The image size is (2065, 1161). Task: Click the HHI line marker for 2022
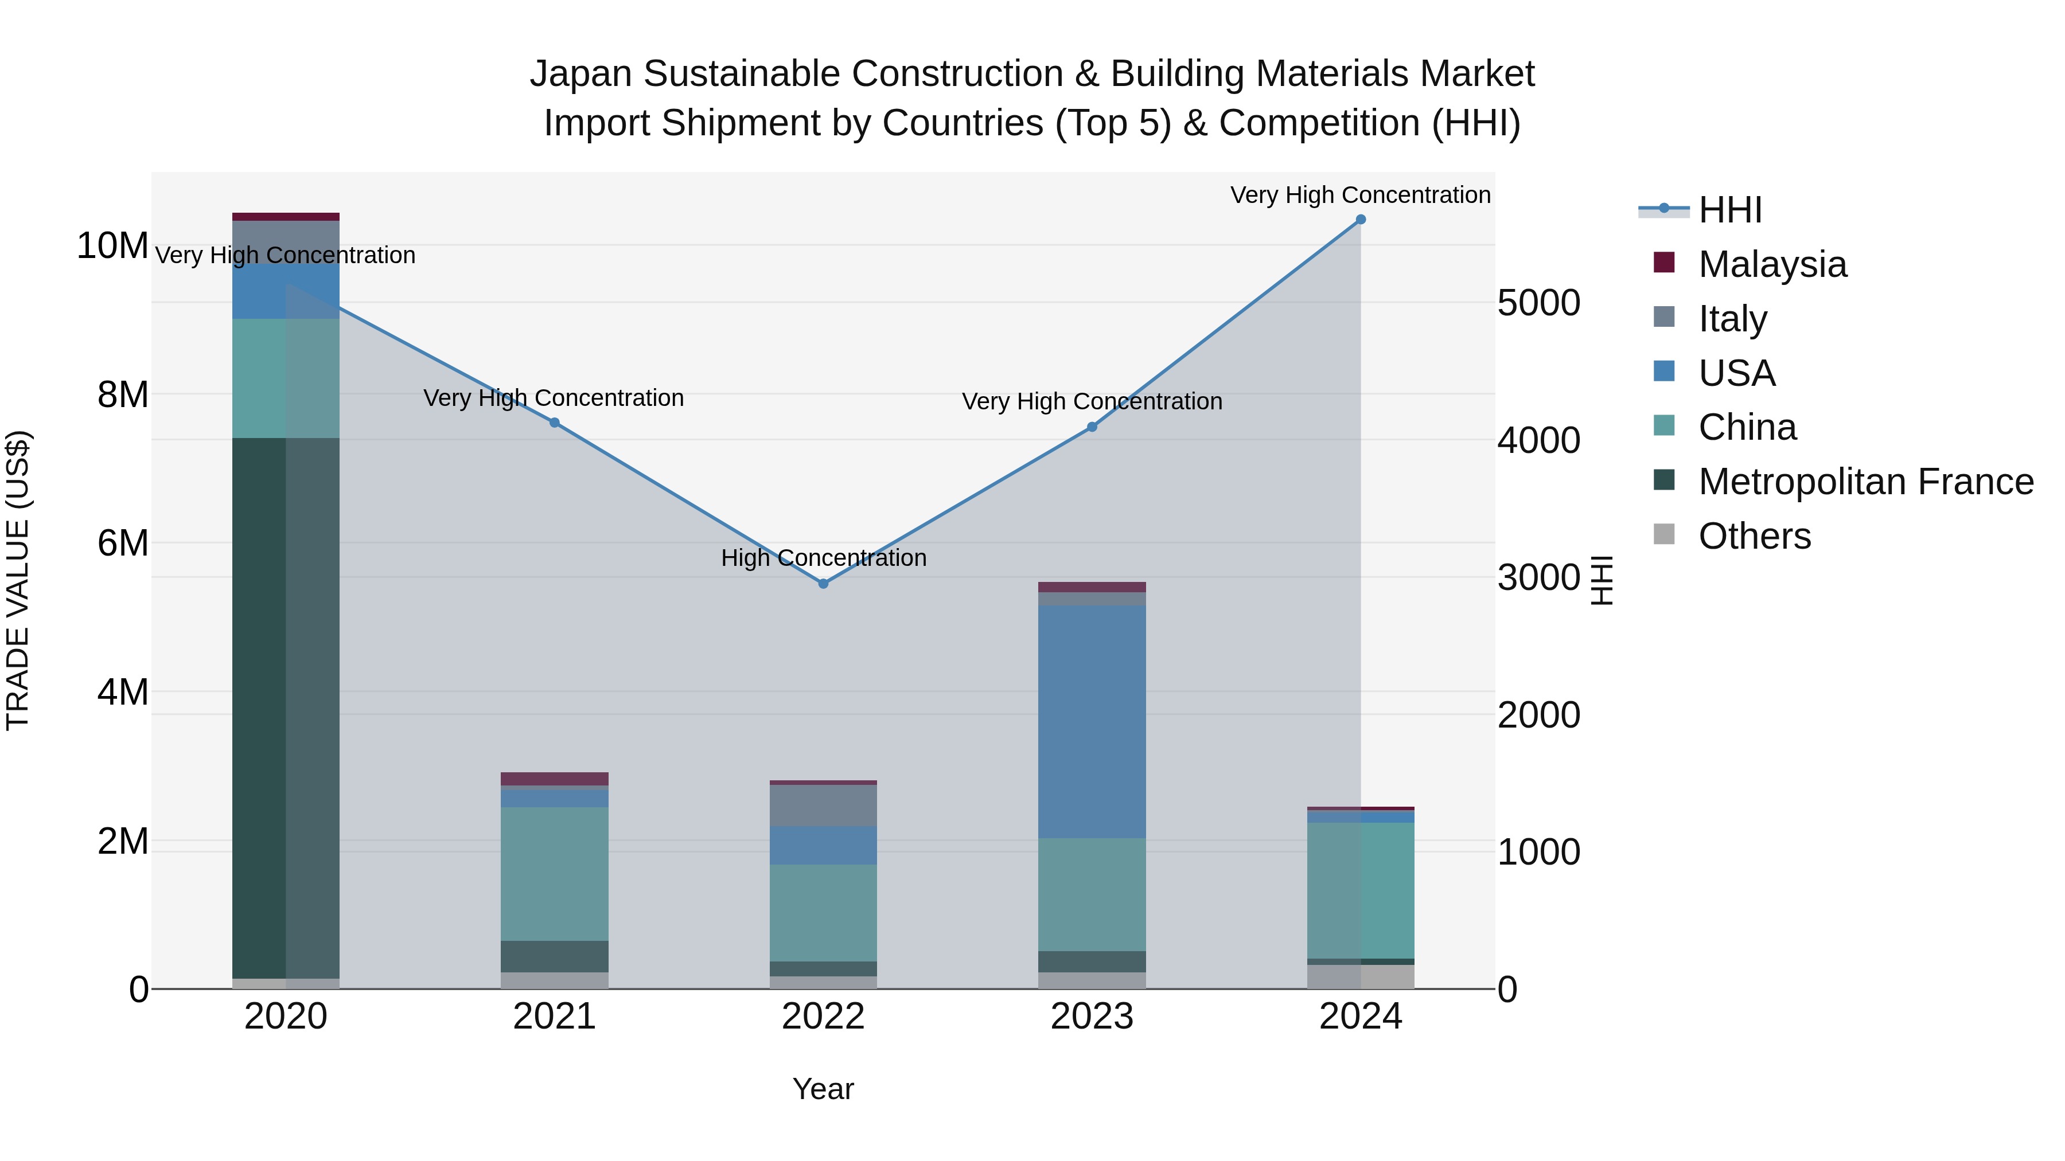[x=823, y=583]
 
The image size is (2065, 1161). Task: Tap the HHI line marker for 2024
[x=1361, y=220]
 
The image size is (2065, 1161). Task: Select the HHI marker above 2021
[x=555, y=422]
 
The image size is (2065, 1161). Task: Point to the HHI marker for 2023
[x=1092, y=427]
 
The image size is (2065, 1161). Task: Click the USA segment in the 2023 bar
[x=1092, y=721]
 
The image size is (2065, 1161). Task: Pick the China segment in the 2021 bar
[x=555, y=873]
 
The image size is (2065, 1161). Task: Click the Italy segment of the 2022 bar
[x=823, y=806]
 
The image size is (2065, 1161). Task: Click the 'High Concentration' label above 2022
[x=823, y=558]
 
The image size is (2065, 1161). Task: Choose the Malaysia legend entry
[x=1772, y=264]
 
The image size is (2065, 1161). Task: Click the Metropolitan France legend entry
[x=1865, y=482]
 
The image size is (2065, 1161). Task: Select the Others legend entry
[x=1754, y=536]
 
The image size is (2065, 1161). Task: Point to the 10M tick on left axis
[x=112, y=245]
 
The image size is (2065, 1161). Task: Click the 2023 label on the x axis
[x=1092, y=1017]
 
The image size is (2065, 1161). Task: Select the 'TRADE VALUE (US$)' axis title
[x=18, y=580]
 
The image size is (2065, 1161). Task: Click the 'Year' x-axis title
[x=823, y=1089]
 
